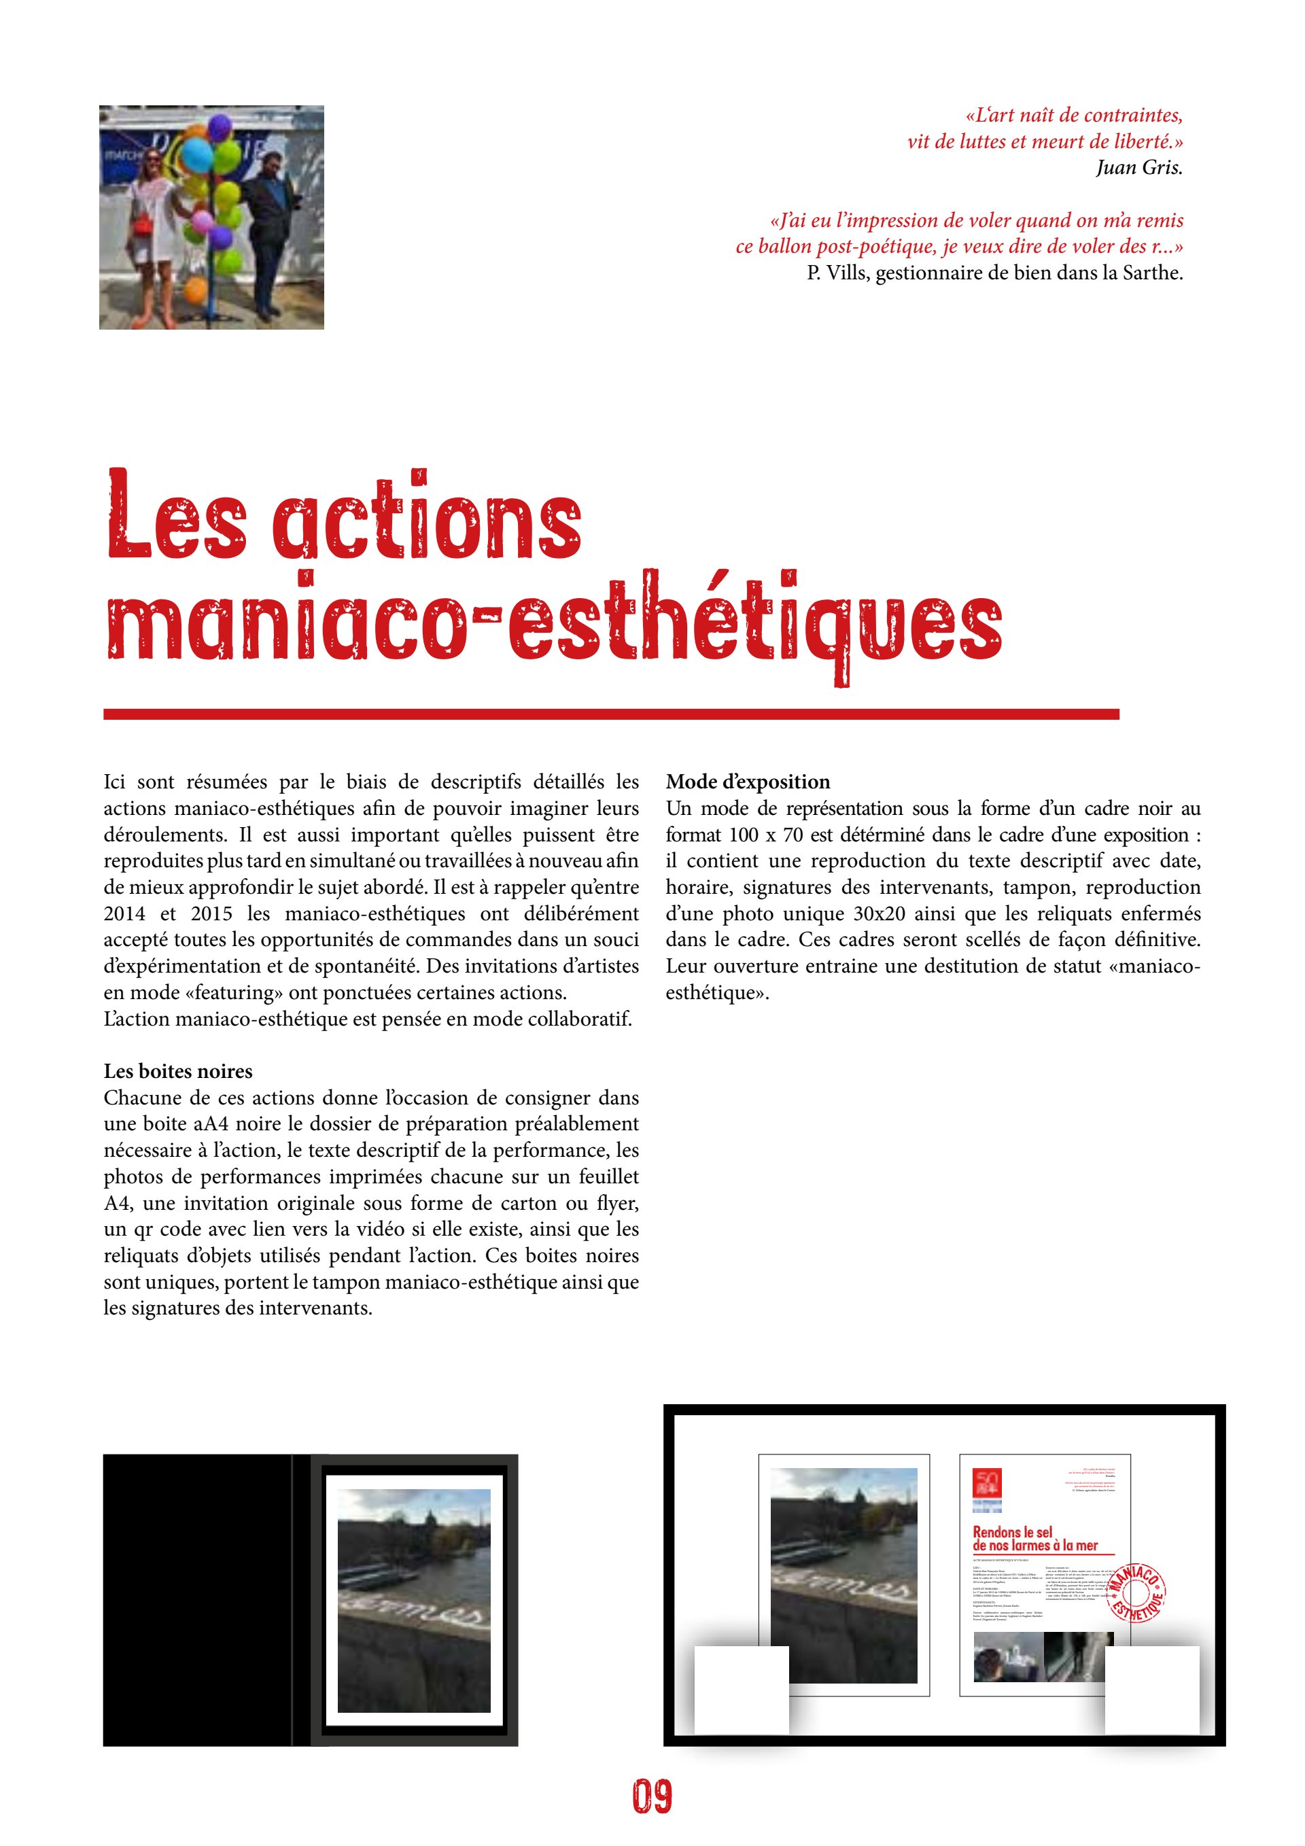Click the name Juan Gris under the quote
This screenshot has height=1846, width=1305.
[x=1138, y=167]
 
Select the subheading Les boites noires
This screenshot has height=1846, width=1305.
[x=177, y=1071]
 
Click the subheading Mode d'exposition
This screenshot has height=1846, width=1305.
[x=748, y=782]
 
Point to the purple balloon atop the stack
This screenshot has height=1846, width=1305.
[x=220, y=126]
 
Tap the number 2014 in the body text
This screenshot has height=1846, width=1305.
[x=124, y=913]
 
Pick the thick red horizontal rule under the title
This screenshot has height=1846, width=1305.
[x=611, y=714]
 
